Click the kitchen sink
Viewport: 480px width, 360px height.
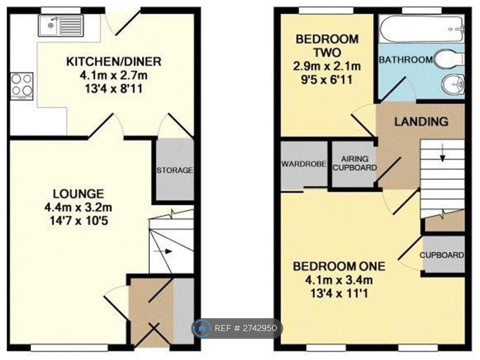(60, 25)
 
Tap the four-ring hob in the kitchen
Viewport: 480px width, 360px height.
(21, 86)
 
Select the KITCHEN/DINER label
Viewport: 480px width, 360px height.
(114, 61)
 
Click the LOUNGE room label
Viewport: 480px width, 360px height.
(78, 194)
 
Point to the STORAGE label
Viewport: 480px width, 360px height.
(174, 170)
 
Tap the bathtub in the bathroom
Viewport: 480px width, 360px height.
(422, 28)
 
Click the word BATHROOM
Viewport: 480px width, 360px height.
(406, 59)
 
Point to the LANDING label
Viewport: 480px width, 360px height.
(421, 121)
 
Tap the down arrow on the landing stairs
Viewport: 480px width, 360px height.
(442, 153)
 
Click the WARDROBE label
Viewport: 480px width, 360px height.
(303, 164)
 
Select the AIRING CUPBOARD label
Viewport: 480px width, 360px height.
(354, 163)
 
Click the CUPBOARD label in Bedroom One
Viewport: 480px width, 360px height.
(441, 255)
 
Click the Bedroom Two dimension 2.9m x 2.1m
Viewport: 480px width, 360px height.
(327, 66)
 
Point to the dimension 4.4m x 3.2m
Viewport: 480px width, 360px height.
(78, 207)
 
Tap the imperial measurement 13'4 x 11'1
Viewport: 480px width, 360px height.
(339, 293)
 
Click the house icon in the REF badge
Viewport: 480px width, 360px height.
(201, 328)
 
